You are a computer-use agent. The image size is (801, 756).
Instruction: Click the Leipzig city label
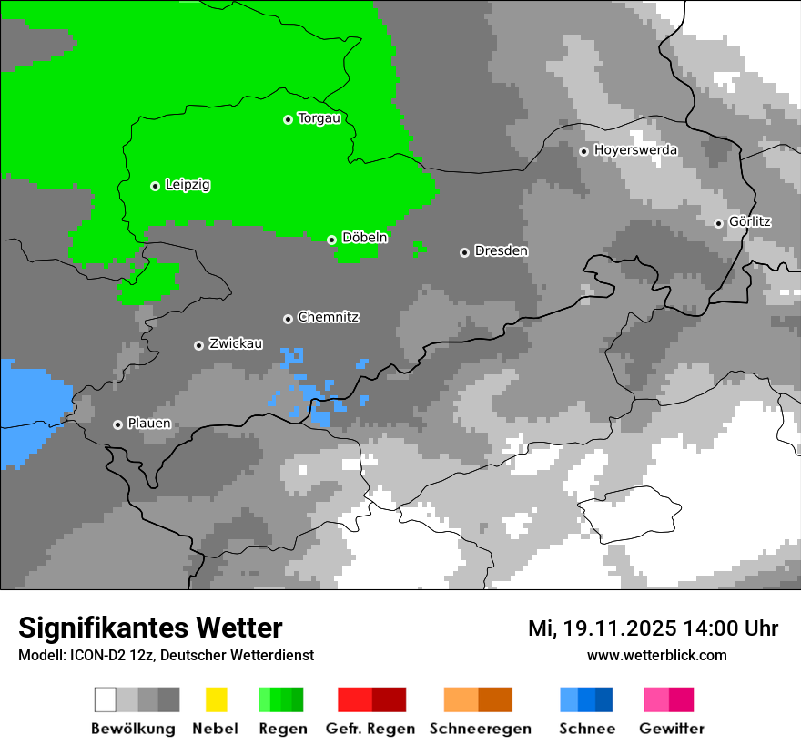click(188, 185)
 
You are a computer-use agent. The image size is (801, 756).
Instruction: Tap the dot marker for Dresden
click(464, 251)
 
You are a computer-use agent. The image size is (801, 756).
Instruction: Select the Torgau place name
click(319, 118)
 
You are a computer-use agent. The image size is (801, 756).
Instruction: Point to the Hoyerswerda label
click(635, 150)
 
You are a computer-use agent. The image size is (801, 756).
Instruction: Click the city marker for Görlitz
click(718, 222)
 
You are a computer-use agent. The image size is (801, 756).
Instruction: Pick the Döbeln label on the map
click(364, 238)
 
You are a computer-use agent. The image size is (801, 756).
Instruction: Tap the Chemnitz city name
click(328, 318)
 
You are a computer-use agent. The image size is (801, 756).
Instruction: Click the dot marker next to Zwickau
click(198, 345)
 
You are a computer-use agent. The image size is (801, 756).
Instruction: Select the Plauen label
click(149, 424)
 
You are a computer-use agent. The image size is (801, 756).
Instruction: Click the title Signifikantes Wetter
click(150, 628)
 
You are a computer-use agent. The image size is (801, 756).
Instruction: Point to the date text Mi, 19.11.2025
click(603, 628)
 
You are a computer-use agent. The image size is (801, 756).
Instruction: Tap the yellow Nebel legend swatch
click(216, 700)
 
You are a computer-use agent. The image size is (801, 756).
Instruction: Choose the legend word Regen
click(281, 729)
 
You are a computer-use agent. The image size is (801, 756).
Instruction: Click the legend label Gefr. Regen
click(370, 729)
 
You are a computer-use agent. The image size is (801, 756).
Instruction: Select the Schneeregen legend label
click(480, 729)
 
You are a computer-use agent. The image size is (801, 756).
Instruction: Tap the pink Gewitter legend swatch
click(656, 700)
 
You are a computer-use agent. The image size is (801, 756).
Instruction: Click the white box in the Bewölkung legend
click(106, 700)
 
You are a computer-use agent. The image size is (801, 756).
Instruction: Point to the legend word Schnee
click(587, 729)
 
